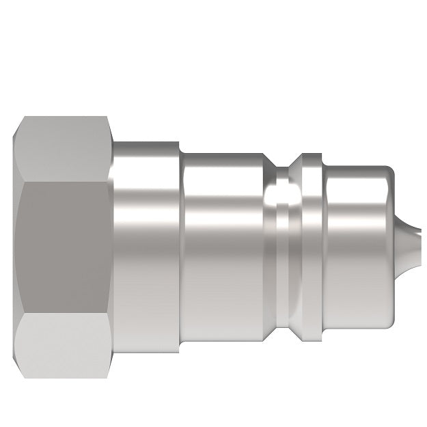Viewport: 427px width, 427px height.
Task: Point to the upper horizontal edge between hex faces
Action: pyautogui.click(x=65, y=182)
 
